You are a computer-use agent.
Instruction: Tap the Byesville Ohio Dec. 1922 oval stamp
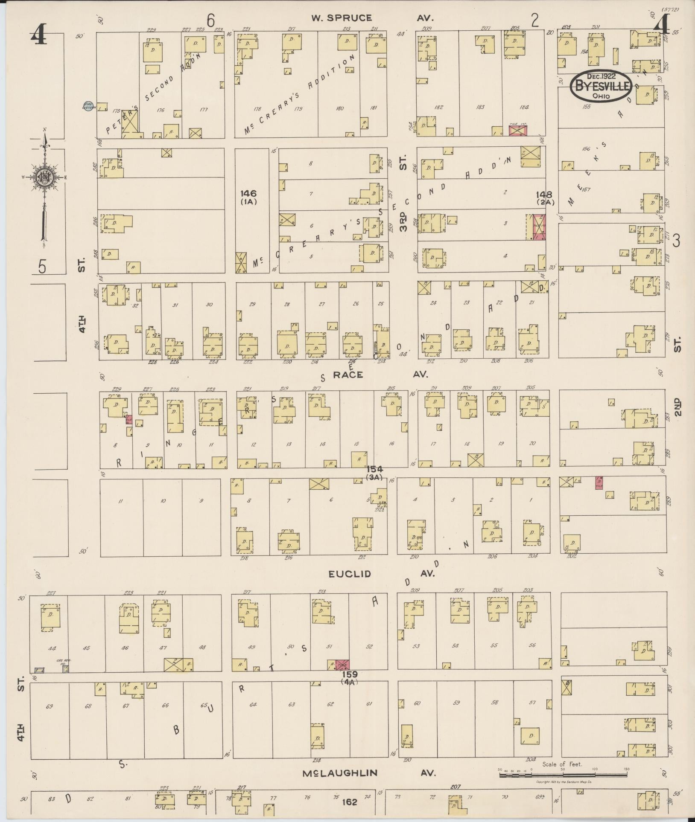(601, 85)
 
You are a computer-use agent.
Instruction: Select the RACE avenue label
(348, 375)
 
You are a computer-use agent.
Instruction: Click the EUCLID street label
(349, 574)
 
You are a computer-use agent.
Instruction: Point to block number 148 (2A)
(545, 198)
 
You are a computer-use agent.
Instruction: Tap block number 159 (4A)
(350, 677)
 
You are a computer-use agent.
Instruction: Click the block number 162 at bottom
(349, 802)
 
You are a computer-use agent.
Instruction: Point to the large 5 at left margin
(42, 267)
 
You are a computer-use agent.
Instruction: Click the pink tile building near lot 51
(342, 665)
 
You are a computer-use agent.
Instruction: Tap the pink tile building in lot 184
(518, 130)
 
